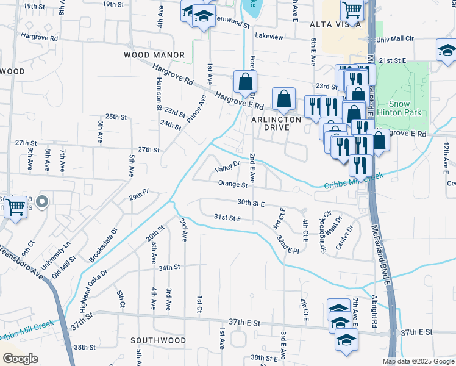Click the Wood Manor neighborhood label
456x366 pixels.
(x=154, y=55)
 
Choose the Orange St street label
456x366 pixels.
(x=233, y=184)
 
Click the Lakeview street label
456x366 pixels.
(x=269, y=37)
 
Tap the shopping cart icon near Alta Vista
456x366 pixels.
(x=352, y=10)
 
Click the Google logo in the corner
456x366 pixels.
(x=21, y=359)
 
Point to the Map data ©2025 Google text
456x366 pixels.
(x=418, y=361)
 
